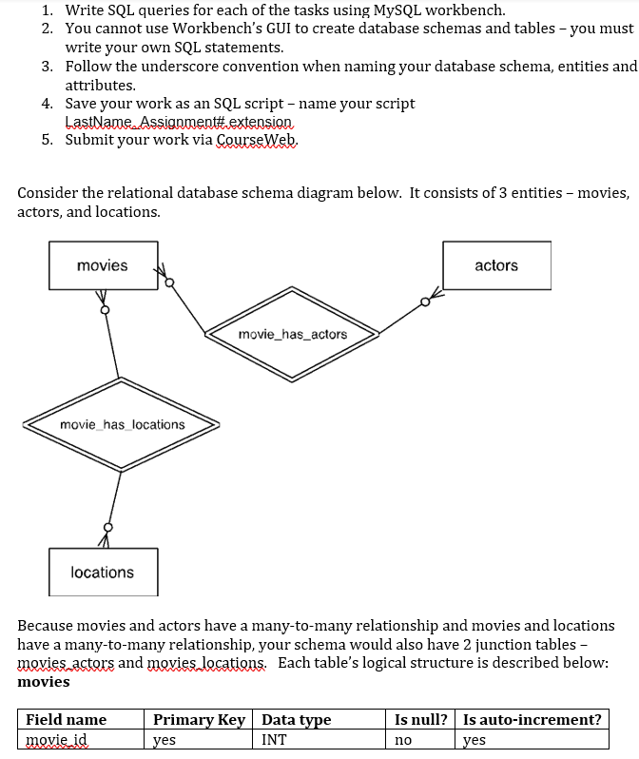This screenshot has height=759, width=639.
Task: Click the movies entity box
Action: tap(103, 265)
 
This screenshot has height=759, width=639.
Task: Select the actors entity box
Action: tap(495, 265)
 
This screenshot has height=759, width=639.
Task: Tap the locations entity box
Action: tap(103, 572)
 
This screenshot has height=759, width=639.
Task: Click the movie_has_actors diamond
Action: tap(293, 334)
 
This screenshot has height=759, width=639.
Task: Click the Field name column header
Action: tap(66, 719)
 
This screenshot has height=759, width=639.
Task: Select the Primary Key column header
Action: tap(199, 719)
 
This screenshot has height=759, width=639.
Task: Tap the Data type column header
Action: tap(296, 719)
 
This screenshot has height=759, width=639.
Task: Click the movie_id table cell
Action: tap(56, 739)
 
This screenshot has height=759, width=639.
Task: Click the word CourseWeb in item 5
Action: tap(257, 140)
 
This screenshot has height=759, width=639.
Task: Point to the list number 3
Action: tap(47, 66)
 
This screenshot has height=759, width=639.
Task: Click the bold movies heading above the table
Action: tap(44, 681)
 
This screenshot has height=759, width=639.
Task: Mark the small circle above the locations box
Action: tap(108, 526)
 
